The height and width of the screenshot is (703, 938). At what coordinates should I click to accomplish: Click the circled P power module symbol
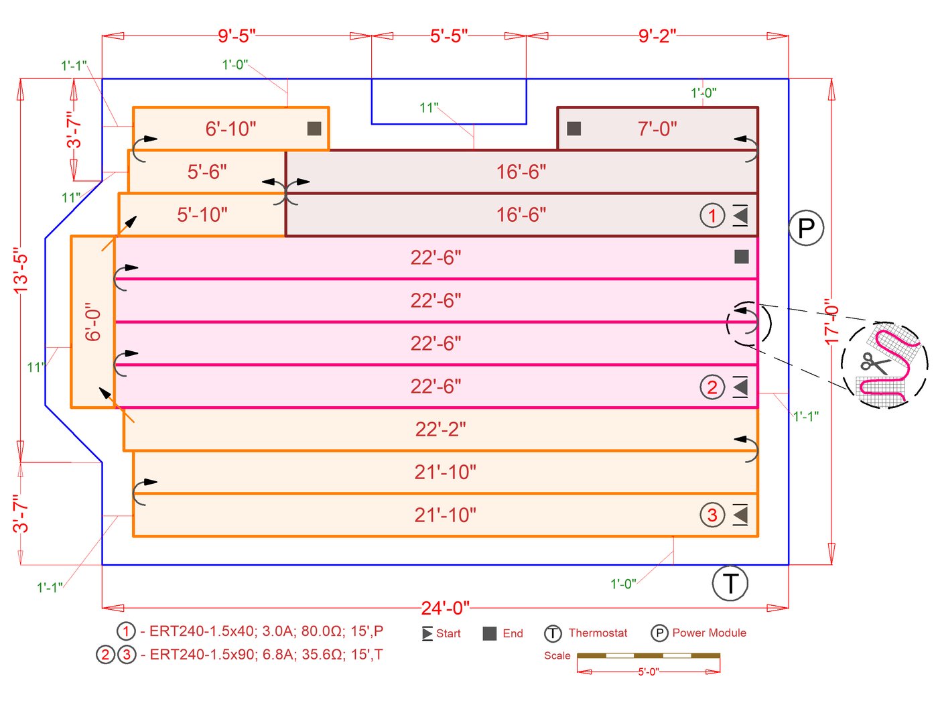pyautogui.click(x=806, y=228)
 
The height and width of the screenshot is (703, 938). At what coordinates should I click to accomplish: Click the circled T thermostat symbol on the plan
pyautogui.click(x=730, y=583)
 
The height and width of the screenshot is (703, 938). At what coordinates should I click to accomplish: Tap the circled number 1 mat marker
pyautogui.click(x=712, y=216)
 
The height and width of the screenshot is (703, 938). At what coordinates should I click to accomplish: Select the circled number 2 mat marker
pyautogui.click(x=712, y=387)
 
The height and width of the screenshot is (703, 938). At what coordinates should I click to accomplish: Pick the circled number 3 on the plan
pyautogui.click(x=712, y=515)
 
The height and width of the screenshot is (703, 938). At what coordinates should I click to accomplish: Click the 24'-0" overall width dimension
pyautogui.click(x=446, y=608)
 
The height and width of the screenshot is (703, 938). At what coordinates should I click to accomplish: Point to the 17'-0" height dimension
pyautogui.click(x=831, y=322)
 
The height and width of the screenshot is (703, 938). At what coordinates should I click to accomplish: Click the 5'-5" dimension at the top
pyautogui.click(x=449, y=36)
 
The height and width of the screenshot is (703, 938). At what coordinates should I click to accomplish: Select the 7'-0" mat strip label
pyautogui.click(x=657, y=129)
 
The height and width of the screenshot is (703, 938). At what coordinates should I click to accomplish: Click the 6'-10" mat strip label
pyautogui.click(x=230, y=129)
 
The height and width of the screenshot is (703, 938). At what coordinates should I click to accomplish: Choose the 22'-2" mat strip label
pyautogui.click(x=440, y=429)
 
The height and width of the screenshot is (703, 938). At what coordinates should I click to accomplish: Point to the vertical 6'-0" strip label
pyautogui.click(x=93, y=322)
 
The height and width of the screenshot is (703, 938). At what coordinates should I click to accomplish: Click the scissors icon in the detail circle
pyautogui.click(x=874, y=363)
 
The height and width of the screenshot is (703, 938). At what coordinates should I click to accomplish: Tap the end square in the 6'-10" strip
pyautogui.click(x=314, y=129)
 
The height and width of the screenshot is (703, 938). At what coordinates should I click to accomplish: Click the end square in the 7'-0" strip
pyautogui.click(x=574, y=129)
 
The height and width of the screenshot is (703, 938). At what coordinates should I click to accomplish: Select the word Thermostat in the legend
pyautogui.click(x=598, y=633)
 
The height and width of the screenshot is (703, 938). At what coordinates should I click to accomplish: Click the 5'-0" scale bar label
pyautogui.click(x=648, y=672)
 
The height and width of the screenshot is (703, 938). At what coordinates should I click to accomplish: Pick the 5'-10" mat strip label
pyautogui.click(x=202, y=214)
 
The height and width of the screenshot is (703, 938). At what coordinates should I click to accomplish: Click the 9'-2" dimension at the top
pyautogui.click(x=657, y=36)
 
